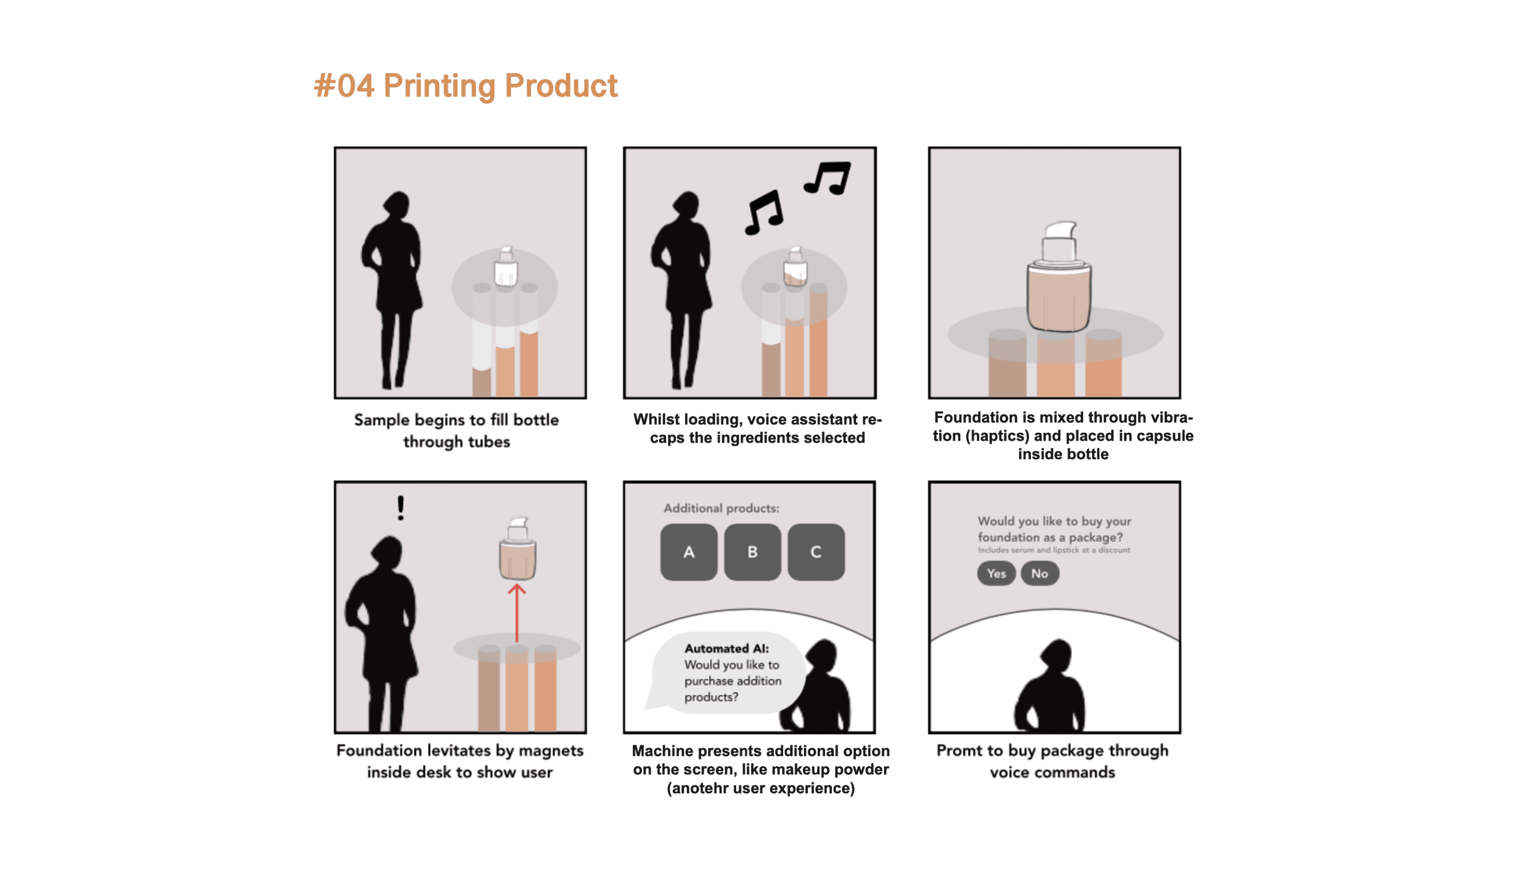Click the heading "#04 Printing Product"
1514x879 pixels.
point(466,85)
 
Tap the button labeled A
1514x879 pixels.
point(689,552)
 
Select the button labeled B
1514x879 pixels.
point(752,552)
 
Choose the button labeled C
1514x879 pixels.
point(816,552)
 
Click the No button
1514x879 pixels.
point(1039,573)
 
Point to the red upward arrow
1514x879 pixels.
point(517,613)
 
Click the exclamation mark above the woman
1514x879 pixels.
point(401,508)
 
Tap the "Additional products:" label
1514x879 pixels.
point(721,508)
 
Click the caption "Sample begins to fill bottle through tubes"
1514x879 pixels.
point(457,431)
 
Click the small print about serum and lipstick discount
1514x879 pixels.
point(1054,550)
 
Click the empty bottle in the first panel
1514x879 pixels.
point(506,266)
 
